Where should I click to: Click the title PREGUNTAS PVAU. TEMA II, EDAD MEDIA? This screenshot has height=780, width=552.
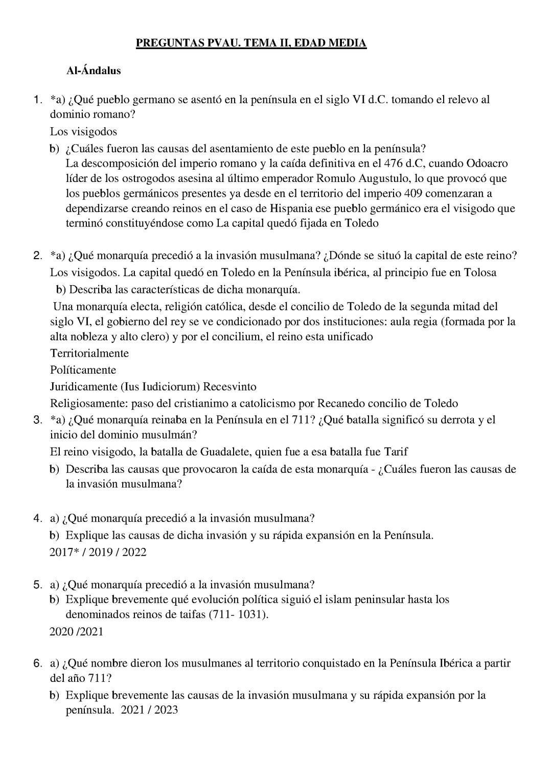click(x=251, y=43)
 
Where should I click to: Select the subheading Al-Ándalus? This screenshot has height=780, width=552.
click(x=94, y=71)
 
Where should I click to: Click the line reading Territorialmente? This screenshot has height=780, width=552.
click(x=89, y=353)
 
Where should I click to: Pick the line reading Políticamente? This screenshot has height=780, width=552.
click(x=83, y=370)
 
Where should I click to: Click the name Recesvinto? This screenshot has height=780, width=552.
click(x=232, y=386)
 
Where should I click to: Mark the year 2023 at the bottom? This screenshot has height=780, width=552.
click(x=166, y=710)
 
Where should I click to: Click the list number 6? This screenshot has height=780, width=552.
click(x=37, y=663)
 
